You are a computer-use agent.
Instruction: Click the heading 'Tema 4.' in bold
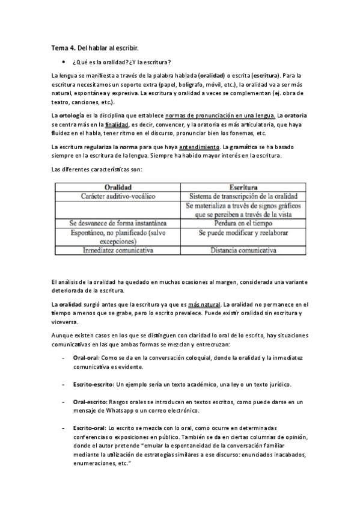63,48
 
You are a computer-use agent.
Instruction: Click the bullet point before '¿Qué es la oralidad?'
63,62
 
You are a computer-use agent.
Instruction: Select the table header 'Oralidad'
118,187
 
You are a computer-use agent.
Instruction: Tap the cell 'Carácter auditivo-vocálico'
118,196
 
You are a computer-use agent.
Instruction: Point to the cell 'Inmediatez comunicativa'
118,249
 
